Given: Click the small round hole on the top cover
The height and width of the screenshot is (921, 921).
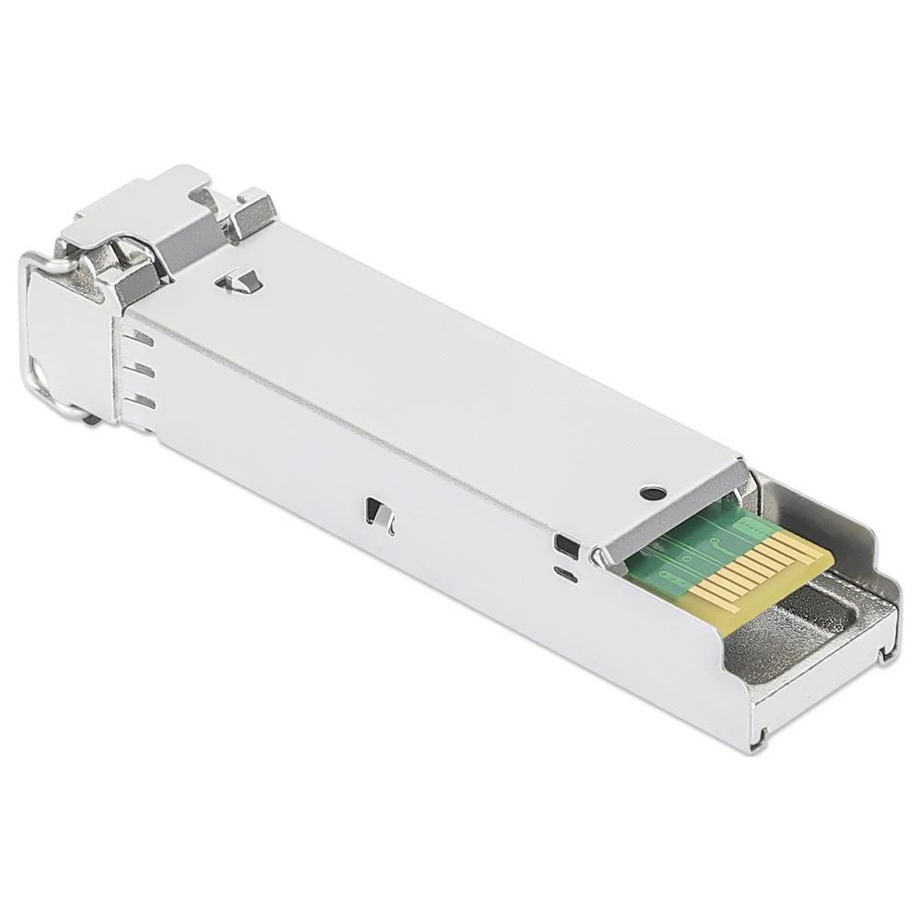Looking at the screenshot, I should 653,494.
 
